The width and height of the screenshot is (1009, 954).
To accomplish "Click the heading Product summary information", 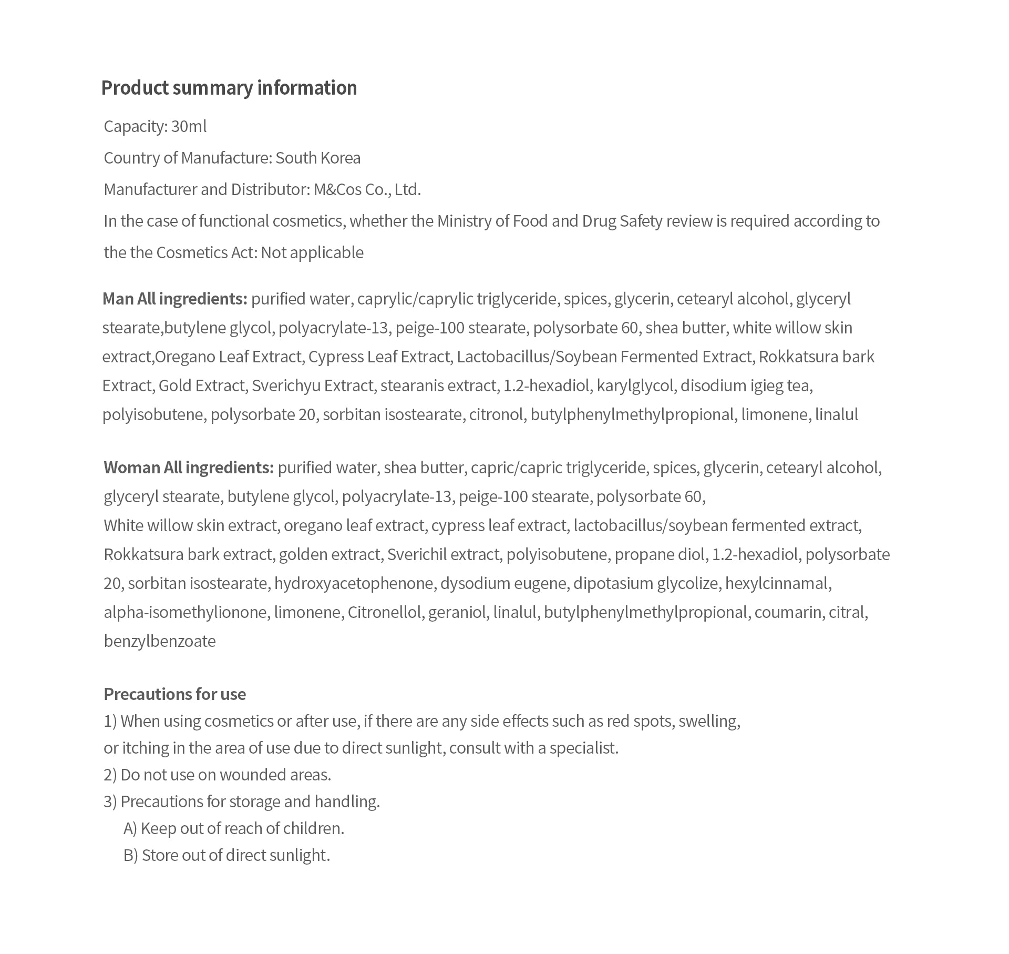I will click(x=229, y=88).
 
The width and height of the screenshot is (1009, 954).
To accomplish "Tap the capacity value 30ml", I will click(x=189, y=127).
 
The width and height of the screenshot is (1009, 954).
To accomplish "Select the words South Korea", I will click(x=318, y=158).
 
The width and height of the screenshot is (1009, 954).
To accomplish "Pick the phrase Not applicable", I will click(x=312, y=253).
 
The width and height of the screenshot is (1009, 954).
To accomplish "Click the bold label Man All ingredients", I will click(x=174, y=299).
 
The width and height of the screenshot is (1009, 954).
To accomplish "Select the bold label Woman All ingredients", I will click(x=189, y=468).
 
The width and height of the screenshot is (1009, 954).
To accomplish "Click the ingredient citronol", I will click(x=496, y=415).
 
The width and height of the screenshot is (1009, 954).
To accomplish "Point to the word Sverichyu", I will click(x=286, y=386).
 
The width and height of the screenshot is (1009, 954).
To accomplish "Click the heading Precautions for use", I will click(x=174, y=694).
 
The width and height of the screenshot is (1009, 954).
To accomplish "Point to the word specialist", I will click(x=583, y=748).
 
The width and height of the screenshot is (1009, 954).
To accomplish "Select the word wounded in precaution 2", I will click(x=254, y=775).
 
